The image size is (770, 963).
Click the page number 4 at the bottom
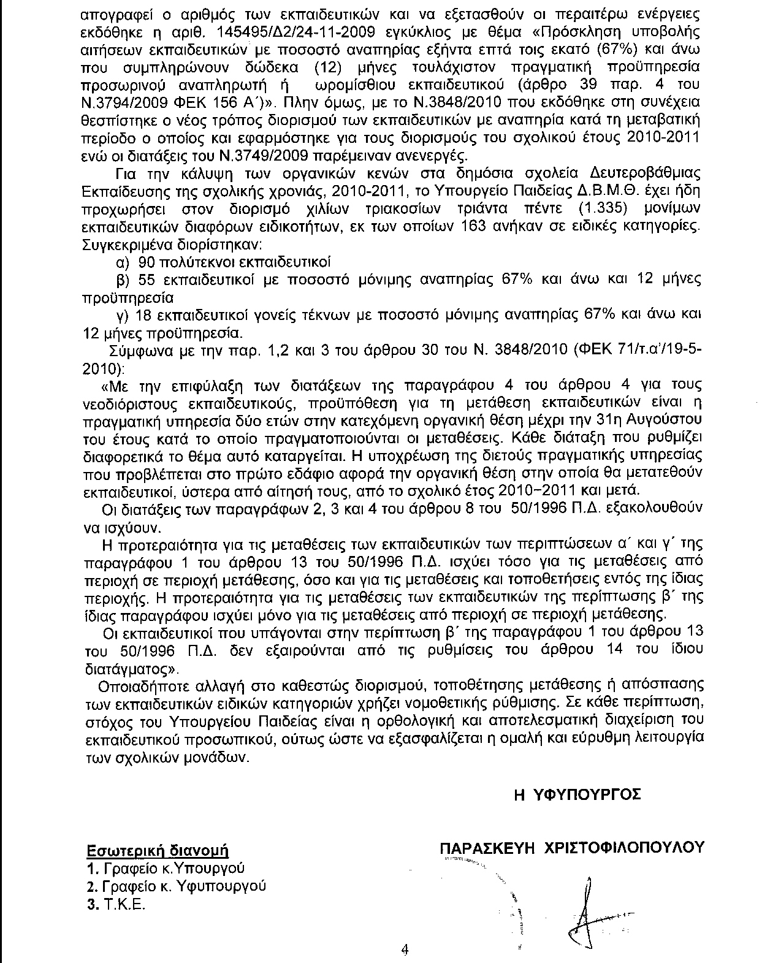405,951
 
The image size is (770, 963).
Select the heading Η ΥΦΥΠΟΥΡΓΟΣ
577,795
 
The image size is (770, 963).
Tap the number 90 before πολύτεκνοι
147,262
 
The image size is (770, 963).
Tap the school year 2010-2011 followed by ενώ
662,135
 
